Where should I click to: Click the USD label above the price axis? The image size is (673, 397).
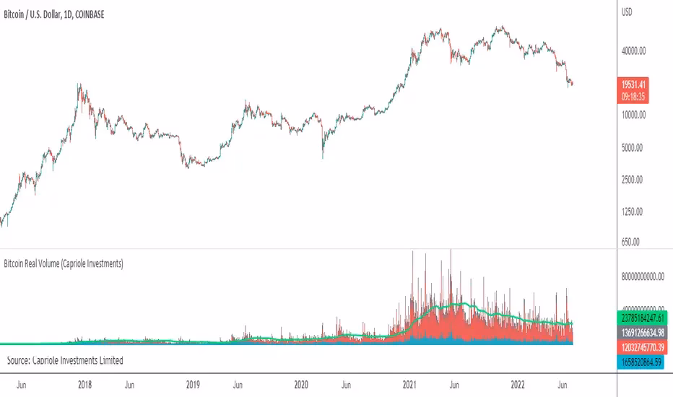(x=628, y=12)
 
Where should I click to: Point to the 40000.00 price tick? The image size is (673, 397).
(x=635, y=51)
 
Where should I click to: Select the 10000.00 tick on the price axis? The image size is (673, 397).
(x=635, y=115)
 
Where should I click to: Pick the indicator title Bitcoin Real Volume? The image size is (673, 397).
(x=64, y=265)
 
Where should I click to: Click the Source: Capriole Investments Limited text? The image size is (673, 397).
(x=64, y=359)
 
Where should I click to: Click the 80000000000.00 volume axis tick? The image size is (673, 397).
(x=643, y=275)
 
